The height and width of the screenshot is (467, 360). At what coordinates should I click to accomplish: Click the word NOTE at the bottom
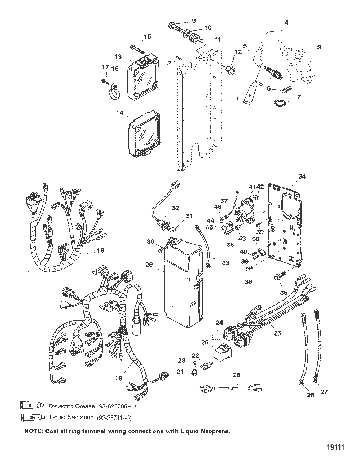(31, 431)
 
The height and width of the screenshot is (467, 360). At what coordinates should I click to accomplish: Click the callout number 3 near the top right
(319, 47)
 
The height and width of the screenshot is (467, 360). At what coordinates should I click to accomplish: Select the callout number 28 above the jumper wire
(236, 375)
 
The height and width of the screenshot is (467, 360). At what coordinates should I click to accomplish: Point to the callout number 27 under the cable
(324, 392)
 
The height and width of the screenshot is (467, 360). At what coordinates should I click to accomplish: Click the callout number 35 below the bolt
(284, 292)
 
